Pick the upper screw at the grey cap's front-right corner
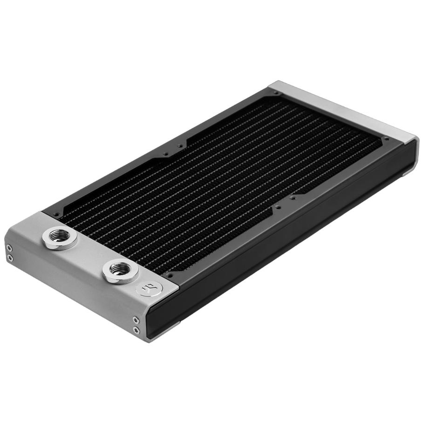pos(136,319)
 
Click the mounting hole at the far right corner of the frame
pos(386,139)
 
